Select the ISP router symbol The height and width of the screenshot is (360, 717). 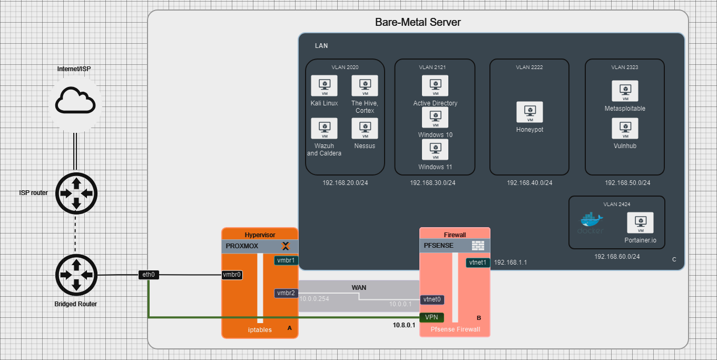pos(76,193)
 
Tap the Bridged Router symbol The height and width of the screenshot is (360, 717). pos(76,275)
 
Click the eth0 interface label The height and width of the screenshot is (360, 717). pos(149,275)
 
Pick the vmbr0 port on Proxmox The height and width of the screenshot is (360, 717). pos(232,275)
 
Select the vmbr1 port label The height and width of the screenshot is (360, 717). pos(286,260)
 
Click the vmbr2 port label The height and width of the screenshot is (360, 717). pos(286,293)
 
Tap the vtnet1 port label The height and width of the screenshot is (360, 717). pos(478,262)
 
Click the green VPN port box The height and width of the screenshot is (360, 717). pos(431,317)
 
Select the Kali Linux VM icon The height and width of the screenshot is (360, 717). pos(324,86)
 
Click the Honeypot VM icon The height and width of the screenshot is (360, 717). pos(529,112)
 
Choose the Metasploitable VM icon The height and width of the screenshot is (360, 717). pos(625,91)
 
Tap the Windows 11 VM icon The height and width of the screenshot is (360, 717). pos(435,150)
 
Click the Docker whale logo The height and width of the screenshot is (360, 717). pos(591,221)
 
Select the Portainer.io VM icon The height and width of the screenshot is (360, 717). pos(640,223)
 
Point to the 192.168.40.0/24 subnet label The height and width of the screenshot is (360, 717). pos(529,183)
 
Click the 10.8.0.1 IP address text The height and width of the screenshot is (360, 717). pos(404,325)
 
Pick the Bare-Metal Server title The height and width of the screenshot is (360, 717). pos(418,22)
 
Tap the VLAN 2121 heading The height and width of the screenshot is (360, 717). pos(435,67)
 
